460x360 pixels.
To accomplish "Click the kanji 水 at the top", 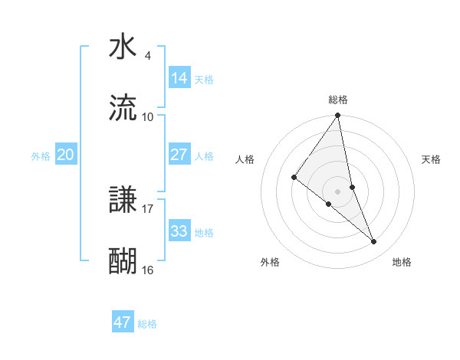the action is [123, 47].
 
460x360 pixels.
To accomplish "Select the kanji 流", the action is [123, 107].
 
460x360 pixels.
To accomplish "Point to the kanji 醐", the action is [123, 260].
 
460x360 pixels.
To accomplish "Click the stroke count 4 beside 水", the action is [147, 56].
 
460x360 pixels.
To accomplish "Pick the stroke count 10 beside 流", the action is [148, 116].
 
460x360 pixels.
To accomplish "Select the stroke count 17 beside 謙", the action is [148, 208].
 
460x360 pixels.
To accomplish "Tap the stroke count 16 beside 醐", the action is [148, 270].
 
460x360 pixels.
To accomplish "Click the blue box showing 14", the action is [179, 78].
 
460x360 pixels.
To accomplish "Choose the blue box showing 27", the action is [179, 155].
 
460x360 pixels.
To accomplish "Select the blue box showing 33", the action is [179, 231].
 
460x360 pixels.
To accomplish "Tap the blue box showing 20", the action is [65, 155].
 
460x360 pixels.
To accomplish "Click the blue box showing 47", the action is [123, 322].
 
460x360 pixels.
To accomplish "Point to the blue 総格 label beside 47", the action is [147, 324].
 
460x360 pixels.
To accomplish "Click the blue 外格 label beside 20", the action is [41, 156].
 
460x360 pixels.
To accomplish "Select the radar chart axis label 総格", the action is [338, 100].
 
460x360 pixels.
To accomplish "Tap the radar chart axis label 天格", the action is [432, 159].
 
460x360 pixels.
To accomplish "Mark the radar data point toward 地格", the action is [374, 242].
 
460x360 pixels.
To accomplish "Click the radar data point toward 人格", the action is [294, 178].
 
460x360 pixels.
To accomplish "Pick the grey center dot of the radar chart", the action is [338, 191].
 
